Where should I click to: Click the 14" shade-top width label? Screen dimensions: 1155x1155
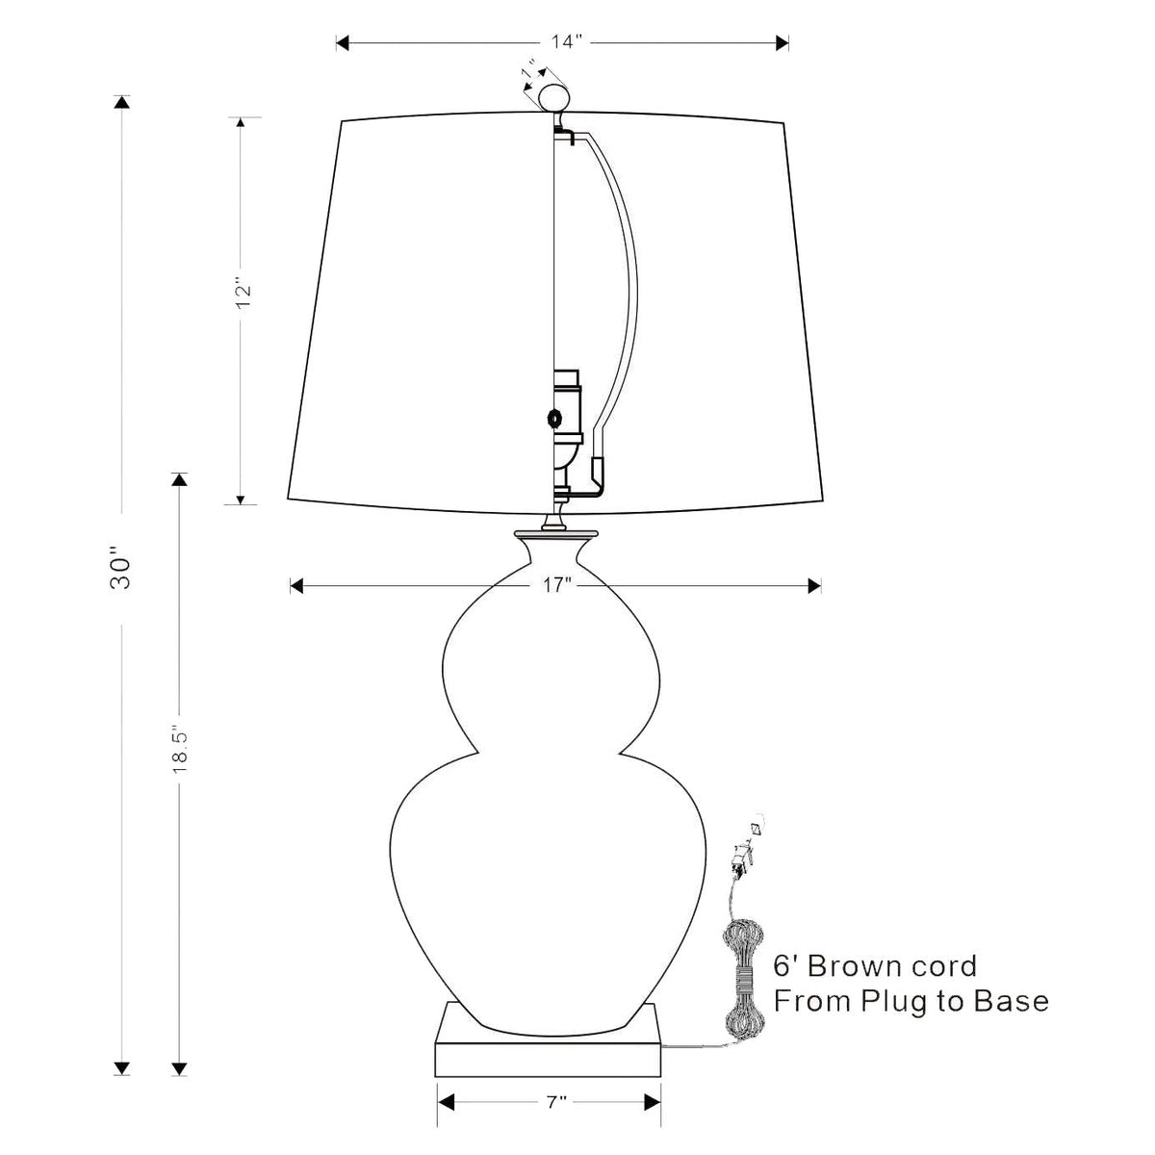pyautogui.click(x=566, y=42)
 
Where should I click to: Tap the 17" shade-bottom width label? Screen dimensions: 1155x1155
pyautogui.click(x=557, y=585)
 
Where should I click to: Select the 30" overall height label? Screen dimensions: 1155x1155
pyautogui.click(x=120, y=567)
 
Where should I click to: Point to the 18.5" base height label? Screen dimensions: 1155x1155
pyautogui.click(x=180, y=752)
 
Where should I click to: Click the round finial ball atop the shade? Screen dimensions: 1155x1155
pyautogui.click(x=553, y=98)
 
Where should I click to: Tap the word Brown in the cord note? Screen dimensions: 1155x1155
pyautogui.click(x=849, y=966)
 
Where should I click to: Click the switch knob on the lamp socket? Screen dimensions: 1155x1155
pyautogui.click(x=554, y=417)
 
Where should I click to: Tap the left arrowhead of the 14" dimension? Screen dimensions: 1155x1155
pyautogui.click(x=343, y=42)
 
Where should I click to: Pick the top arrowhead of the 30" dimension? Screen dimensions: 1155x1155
pyautogui.click(x=122, y=102)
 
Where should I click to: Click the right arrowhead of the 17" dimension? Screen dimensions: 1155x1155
pyautogui.click(x=814, y=586)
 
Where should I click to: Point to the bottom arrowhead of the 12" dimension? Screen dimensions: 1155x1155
pyautogui.click(x=241, y=500)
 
